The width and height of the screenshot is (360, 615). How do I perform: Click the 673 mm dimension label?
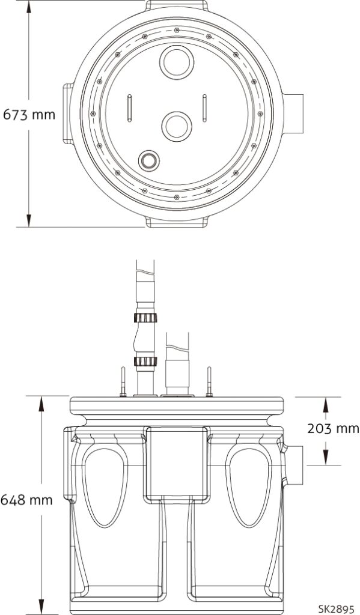point(29,114)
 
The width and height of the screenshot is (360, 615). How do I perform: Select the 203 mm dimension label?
point(332,428)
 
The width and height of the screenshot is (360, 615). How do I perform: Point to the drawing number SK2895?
point(338,607)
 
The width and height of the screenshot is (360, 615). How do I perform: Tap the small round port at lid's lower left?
point(148,160)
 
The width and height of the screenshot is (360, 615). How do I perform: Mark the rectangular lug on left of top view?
point(67,114)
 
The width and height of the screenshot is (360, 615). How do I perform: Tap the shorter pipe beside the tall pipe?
point(177,363)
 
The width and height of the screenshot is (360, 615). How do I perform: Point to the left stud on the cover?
point(122,382)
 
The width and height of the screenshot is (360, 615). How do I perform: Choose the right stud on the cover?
point(210,382)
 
